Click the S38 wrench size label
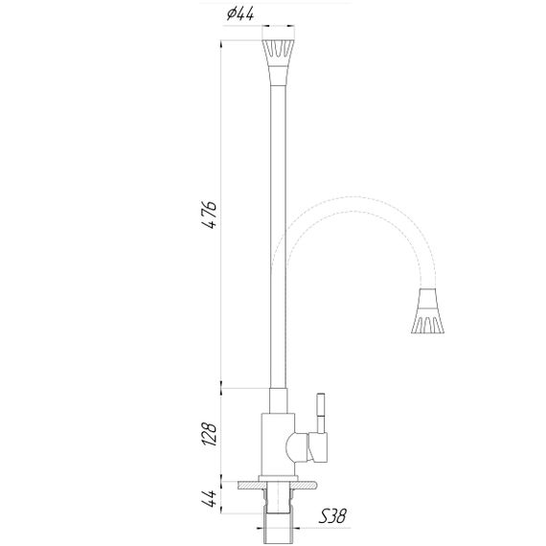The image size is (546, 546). pos(331,518)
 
